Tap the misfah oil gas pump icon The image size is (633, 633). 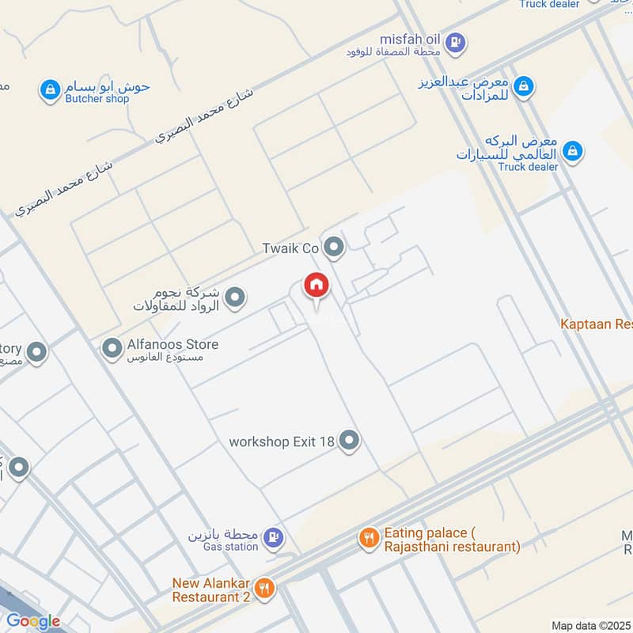[455, 41]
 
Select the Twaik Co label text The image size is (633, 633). [290, 248]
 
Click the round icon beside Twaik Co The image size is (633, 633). [335, 248]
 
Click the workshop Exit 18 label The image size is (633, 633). [281, 441]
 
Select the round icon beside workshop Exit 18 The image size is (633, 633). [349, 441]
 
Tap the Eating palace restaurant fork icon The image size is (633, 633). [369, 539]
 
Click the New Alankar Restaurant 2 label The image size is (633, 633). [211, 590]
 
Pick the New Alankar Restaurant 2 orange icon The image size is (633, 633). [265, 588]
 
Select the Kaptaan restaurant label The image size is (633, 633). [596, 324]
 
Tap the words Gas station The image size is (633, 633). [230, 546]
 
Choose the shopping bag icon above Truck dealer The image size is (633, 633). [574, 149]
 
